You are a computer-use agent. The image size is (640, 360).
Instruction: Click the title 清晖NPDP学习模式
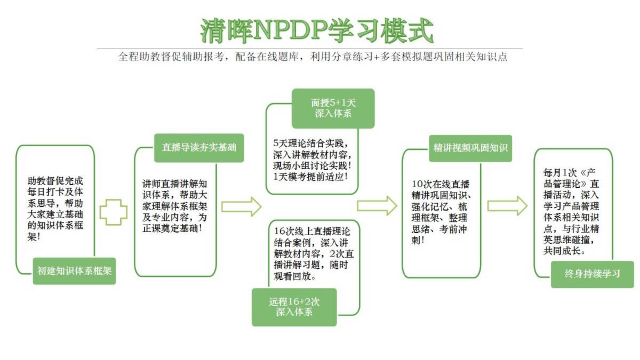(x=317, y=31)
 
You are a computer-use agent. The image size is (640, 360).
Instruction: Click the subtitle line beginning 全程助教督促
(x=313, y=57)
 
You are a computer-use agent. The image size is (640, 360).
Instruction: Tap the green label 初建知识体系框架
(x=74, y=271)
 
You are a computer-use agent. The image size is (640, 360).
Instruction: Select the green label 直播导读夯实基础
(x=199, y=148)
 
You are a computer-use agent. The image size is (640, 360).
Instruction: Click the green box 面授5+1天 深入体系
(x=333, y=108)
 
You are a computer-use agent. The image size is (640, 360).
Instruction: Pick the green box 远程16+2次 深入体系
(x=294, y=307)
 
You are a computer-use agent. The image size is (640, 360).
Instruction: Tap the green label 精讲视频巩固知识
(x=470, y=148)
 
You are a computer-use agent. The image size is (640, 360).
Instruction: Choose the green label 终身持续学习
(x=593, y=274)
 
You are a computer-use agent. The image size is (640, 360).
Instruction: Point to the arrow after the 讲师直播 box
(x=242, y=206)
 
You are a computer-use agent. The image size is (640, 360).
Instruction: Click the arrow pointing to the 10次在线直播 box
(x=377, y=206)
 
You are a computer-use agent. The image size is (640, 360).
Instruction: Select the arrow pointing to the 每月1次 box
(x=507, y=206)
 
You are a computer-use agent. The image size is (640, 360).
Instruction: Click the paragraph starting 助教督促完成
(x=55, y=209)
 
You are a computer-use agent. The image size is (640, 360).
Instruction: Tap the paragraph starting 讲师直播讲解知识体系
(x=175, y=206)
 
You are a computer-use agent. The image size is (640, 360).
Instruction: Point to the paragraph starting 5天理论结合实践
(x=312, y=160)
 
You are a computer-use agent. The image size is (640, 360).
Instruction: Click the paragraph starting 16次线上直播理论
(x=314, y=254)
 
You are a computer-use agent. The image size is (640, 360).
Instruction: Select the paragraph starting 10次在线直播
(x=442, y=212)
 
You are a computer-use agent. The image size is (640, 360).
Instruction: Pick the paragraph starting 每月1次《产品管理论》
(x=571, y=212)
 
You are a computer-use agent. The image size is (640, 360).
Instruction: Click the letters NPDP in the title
(x=290, y=30)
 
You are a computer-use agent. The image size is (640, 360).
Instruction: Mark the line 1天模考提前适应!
(x=310, y=177)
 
